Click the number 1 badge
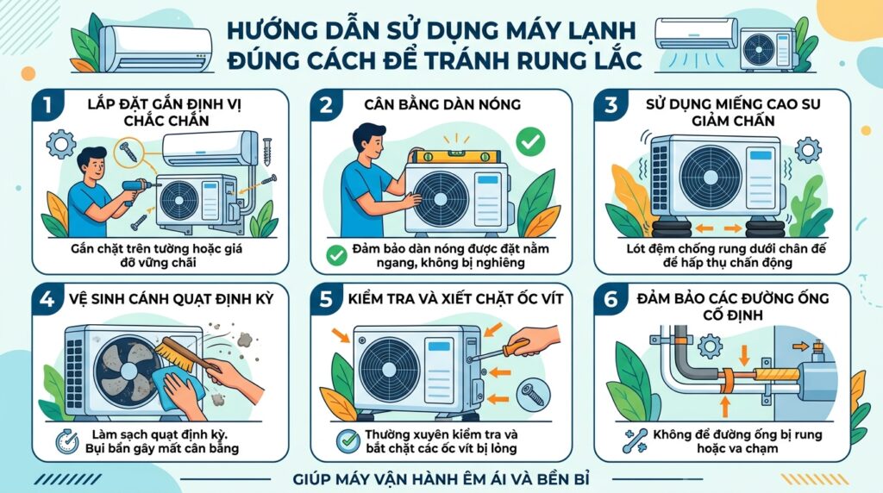[47, 105]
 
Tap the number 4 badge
[47, 299]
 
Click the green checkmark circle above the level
[530, 141]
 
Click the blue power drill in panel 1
[135, 190]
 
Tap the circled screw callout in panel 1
[128, 152]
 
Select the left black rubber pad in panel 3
[673, 228]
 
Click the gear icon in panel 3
[807, 150]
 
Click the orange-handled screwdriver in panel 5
[501, 348]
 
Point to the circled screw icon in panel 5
[532, 393]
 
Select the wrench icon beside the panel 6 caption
[635, 441]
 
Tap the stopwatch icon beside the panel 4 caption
[67, 441]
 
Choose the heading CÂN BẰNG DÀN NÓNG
[442, 104]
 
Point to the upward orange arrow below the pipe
[725, 406]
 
